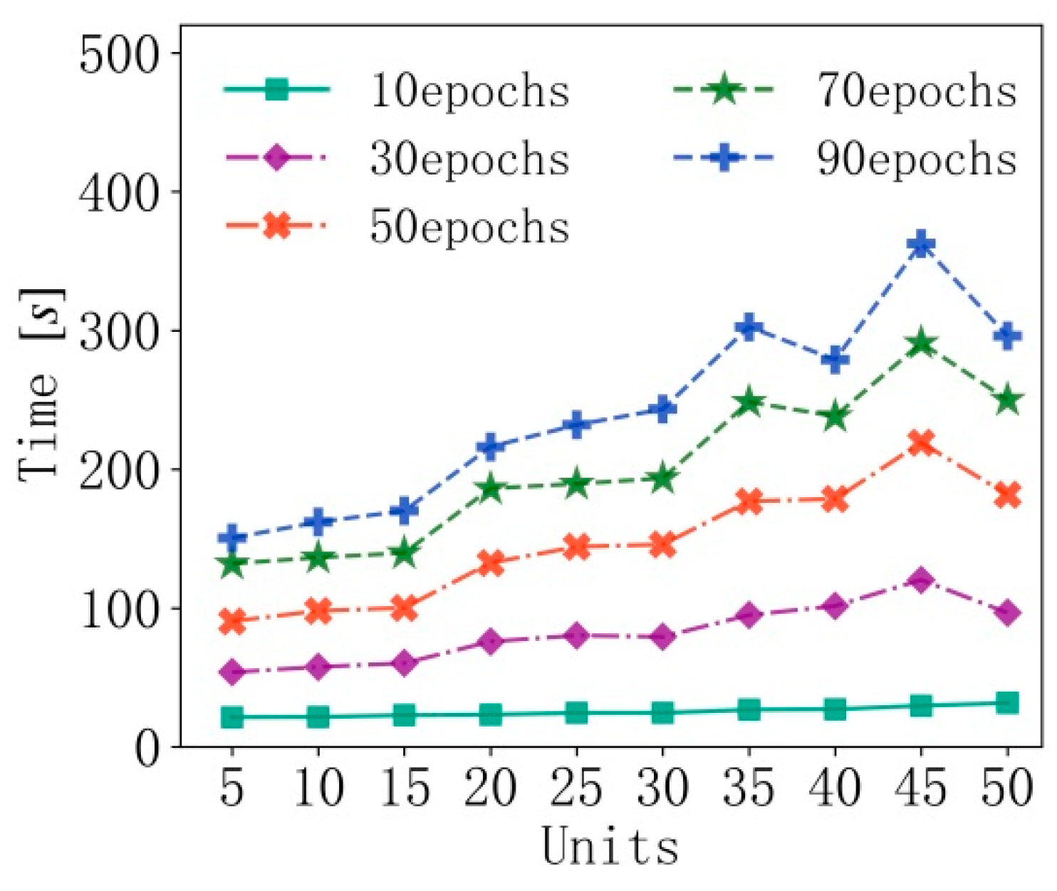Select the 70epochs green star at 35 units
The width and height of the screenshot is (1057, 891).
tap(749, 402)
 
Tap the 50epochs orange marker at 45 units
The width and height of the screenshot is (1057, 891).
tap(920, 443)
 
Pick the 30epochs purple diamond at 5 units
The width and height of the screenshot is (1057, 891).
tap(232, 672)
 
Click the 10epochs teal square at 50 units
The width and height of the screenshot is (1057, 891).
tap(1006, 703)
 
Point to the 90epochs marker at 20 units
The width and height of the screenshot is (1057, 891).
tap(490, 447)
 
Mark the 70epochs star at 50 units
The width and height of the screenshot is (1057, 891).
tap(1006, 400)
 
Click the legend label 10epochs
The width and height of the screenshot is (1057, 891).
tap(469, 91)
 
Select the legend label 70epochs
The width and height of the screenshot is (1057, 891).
tap(917, 91)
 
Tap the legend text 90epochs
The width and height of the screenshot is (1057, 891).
tap(917, 158)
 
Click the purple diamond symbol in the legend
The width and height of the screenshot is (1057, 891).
tap(276, 157)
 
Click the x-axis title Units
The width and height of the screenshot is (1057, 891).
tap(610, 847)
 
